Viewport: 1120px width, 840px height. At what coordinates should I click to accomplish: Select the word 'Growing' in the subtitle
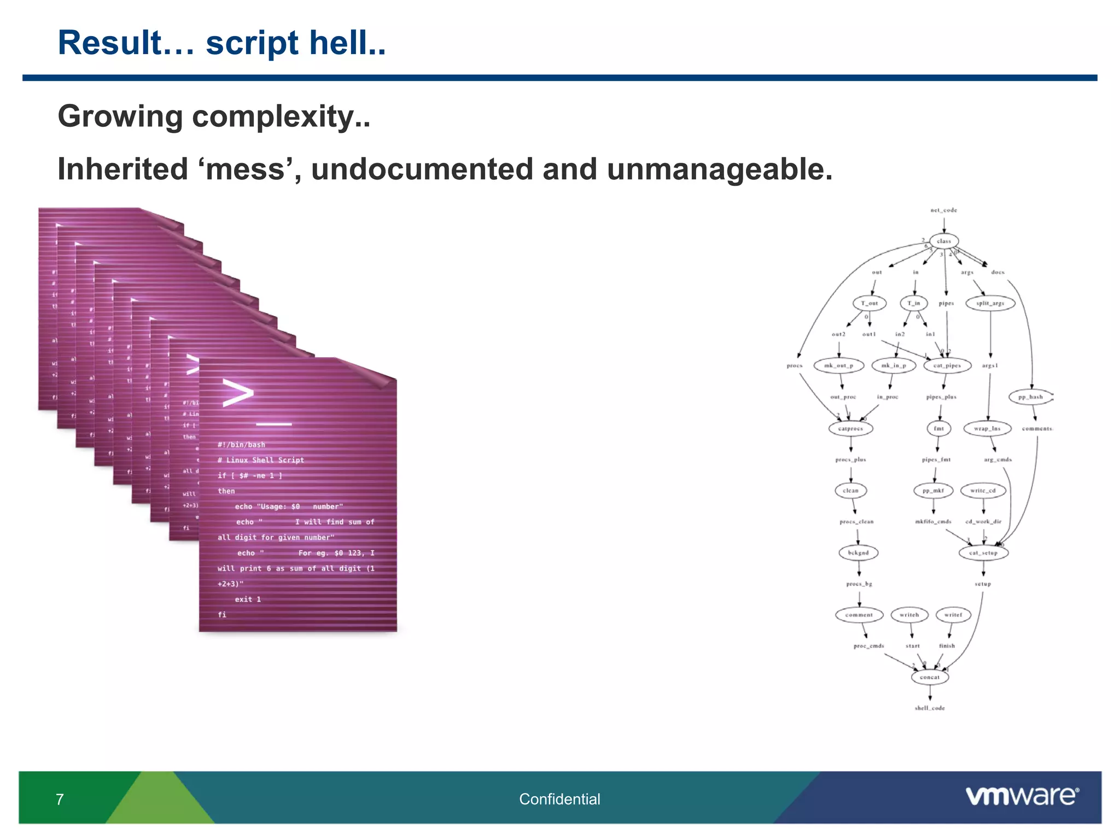coord(120,116)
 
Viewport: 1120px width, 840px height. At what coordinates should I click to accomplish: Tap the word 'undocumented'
coord(422,169)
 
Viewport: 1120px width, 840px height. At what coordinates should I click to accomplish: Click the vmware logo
coord(1022,796)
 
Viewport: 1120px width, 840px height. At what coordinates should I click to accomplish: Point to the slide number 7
coord(60,800)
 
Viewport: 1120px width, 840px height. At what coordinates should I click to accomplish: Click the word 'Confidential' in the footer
coord(559,799)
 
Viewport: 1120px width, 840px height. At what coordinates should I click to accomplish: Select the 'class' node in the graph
coord(944,241)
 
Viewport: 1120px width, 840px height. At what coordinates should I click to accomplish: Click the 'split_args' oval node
coord(990,303)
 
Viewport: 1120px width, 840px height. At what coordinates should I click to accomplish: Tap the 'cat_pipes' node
coord(947,365)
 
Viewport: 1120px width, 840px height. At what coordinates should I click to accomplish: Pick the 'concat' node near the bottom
coord(930,677)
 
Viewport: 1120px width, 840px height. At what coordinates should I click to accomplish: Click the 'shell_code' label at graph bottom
coord(930,708)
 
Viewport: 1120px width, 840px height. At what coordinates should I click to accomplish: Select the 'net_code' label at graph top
coord(944,210)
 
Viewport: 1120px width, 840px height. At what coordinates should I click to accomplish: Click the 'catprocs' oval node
coord(850,428)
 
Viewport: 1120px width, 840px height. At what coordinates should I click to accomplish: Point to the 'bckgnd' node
coord(858,553)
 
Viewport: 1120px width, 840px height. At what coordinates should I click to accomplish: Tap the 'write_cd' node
coord(983,491)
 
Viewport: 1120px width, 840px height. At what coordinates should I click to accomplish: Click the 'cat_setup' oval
coord(983,553)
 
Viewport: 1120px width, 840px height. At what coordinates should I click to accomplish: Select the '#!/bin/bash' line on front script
coord(241,445)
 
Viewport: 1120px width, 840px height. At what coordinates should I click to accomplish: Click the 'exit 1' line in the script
coord(248,599)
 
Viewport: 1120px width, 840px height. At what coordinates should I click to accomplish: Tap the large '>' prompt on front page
coord(237,393)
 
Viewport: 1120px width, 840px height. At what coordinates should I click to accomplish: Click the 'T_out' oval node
coord(869,303)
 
